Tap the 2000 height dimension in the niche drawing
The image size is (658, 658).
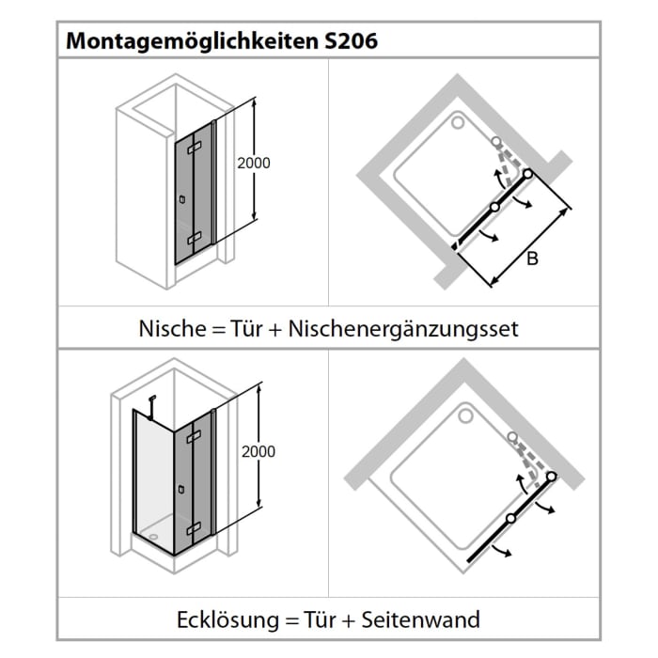click(255, 163)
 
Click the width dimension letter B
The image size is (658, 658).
click(531, 259)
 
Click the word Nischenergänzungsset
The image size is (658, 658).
click(403, 329)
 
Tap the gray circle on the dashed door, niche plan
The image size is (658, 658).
click(495, 142)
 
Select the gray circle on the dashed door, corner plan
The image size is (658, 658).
click(511, 437)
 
